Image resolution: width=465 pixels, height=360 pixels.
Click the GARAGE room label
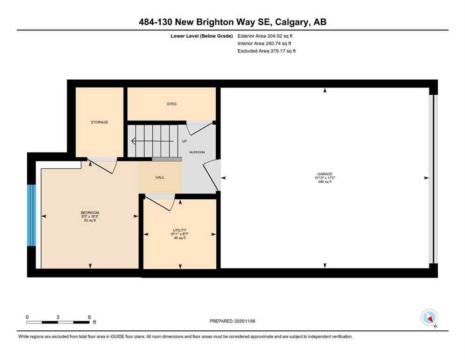point(324,174)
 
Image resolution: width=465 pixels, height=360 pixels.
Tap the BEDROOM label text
point(90,212)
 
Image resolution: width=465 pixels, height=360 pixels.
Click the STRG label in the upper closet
point(171,104)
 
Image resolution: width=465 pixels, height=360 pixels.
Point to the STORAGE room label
point(99,122)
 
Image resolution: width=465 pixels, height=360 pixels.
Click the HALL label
point(160,177)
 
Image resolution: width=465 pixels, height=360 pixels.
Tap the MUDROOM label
point(197,152)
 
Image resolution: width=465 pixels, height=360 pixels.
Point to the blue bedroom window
point(31,215)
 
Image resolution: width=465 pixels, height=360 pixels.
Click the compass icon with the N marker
point(429,317)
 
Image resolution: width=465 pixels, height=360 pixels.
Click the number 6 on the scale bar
point(89,317)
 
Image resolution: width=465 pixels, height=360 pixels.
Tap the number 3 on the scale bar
point(58,317)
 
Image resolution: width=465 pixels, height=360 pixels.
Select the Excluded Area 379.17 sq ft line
point(266,51)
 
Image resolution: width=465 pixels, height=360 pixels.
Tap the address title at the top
point(232,22)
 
